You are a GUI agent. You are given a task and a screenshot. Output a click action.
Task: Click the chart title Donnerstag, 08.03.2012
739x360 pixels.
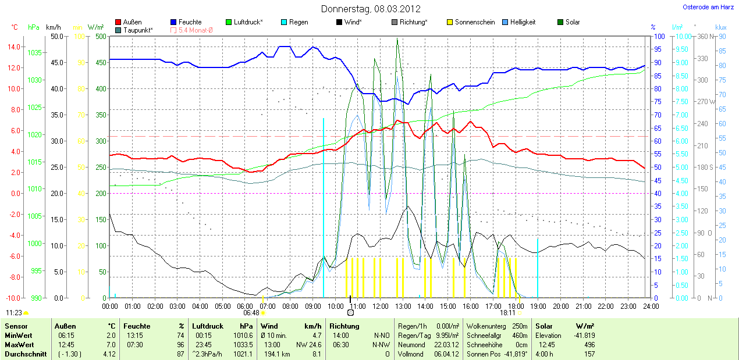pyautogui.click(x=371, y=9)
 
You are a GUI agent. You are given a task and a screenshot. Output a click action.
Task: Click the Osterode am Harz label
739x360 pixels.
pyautogui.click(x=708, y=7)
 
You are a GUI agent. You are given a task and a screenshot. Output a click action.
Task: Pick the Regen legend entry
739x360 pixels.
pyautogui.click(x=299, y=22)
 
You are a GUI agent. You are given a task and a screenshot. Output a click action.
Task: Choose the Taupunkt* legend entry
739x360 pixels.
pyautogui.click(x=138, y=30)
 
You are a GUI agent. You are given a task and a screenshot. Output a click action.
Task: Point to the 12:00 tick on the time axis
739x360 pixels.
pyautogui.click(x=380, y=306)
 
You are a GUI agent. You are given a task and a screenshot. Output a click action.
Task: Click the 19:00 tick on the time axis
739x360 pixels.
pyautogui.click(x=538, y=306)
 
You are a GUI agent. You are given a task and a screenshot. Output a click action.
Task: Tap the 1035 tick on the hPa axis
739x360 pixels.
pyautogui.click(x=34, y=52)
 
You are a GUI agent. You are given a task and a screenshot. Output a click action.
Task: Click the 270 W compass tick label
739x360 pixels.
pyautogui.click(x=702, y=102)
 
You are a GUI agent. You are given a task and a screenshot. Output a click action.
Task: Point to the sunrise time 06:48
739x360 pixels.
pyautogui.click(x=251, y=313)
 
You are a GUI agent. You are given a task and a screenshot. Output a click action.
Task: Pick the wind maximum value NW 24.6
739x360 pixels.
pyautogui.click(x=310, y=345)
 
